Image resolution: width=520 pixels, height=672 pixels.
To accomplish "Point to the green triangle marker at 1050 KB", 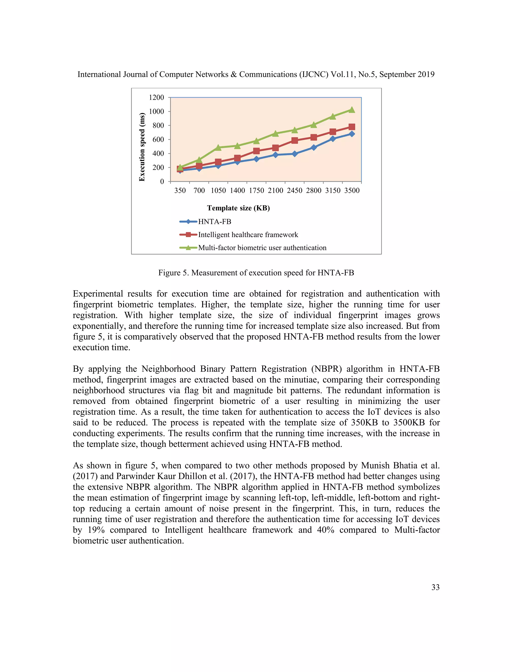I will [218, 147].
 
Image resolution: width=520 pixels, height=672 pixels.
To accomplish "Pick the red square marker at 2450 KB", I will [295, 141].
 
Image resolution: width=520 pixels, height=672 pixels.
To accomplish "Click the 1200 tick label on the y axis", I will [156, 98].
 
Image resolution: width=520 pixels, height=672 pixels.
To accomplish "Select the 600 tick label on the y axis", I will [158, 139].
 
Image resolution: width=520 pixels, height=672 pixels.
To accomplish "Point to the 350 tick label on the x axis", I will [180, 190].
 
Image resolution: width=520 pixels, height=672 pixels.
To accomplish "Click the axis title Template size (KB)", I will [238, 208].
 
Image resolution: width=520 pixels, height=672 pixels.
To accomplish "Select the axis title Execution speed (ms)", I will [142, 147].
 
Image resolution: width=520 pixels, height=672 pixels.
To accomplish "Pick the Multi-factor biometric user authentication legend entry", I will [262, 248].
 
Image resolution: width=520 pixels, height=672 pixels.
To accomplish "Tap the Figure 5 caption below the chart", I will [256, 273].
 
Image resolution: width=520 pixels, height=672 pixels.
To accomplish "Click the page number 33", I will [435, 587].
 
